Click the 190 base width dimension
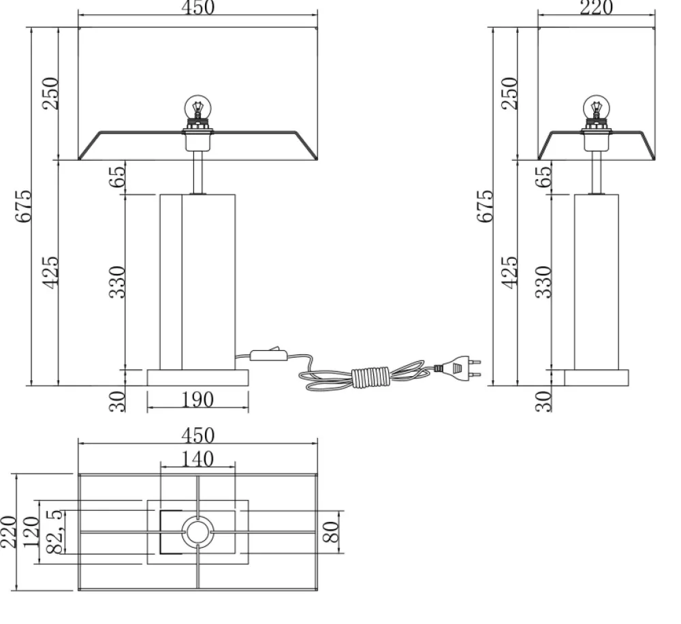point(197,400)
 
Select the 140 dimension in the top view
point(197,459)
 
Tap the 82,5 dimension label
point(54,532)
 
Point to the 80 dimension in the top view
point(331,532)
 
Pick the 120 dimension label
point(31,532)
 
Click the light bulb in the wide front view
point(197,107)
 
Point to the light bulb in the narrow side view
point(596,107)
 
